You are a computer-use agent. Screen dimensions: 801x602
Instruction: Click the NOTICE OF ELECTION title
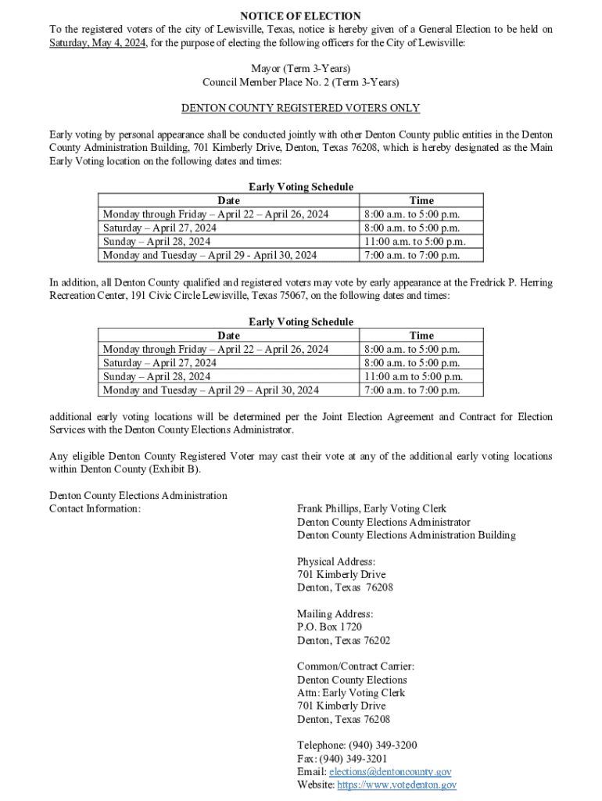pyautogui.click(x=300, y=16)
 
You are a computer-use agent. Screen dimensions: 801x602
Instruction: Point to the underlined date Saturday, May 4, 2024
pyautogui.click(x=97, y=42)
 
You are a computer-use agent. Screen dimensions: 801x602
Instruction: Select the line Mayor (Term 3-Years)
pyautogui.click(x=300, y=69)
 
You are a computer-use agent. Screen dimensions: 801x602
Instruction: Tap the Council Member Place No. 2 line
pyautogui.click(x=300, y=82)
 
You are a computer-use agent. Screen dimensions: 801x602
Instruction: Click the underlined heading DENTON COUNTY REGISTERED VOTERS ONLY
pyautogui.click(x=300, y=108)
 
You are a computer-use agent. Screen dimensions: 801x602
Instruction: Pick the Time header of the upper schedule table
pyautogui.click(x=421, y=200)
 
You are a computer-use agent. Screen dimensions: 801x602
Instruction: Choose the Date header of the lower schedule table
pyautogui.click(x=228, y=336)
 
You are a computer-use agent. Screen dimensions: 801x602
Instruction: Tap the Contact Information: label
pyautogui.click(x=95, y=509)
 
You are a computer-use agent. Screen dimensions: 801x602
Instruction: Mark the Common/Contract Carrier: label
pyautogui.click(x=356, y=666)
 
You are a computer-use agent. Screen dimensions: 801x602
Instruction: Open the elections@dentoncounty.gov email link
pyautogui.click(x=390, y=771)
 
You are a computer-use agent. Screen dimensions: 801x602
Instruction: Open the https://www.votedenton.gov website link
pyautogui.click(x=396, y=785)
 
